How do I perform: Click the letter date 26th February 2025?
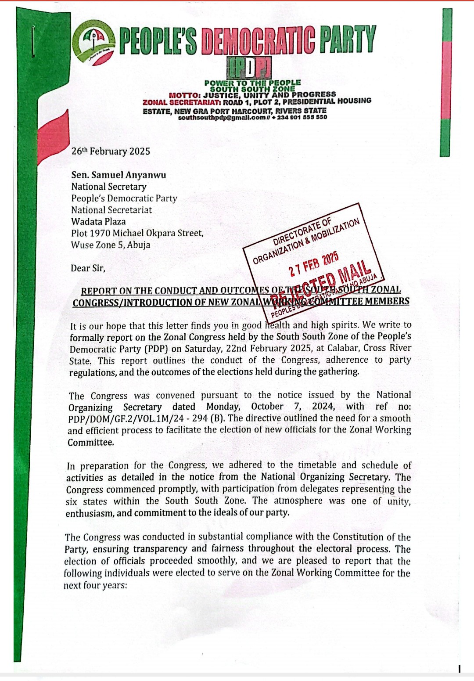click(111, 151)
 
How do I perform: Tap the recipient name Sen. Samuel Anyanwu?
click(118, 175)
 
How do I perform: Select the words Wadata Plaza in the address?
click(98, 222)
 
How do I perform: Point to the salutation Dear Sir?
click(88, 268)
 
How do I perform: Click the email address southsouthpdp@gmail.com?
click(222, 118)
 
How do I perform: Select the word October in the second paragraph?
click(267, 407)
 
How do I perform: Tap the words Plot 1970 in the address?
click(90, 233)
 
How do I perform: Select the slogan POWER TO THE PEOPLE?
click(252, 83)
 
